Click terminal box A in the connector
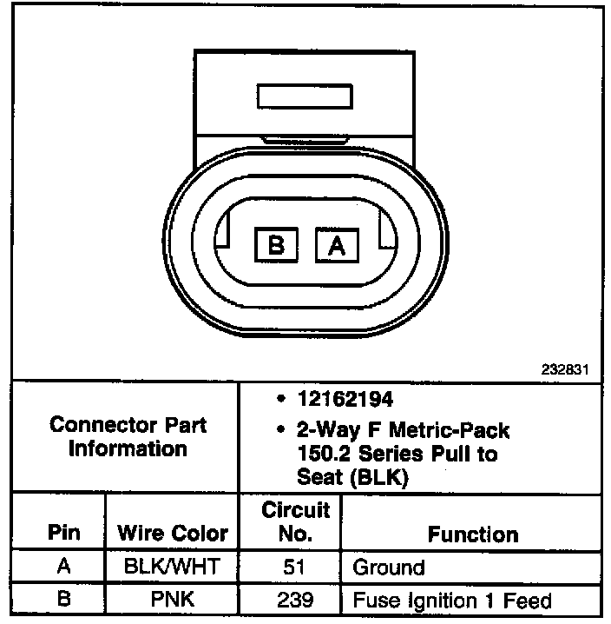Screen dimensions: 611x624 point(338,246)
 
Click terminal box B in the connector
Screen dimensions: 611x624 point(277,246)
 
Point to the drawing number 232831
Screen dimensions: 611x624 point(565,368)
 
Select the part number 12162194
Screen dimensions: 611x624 point(345,400)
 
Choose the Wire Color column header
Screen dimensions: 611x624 point(172,533)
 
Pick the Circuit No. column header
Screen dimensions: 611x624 point(290,521)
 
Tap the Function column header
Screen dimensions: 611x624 point(472,534)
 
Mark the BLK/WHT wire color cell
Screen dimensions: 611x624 point(172,568)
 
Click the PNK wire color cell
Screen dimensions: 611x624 point(172,600)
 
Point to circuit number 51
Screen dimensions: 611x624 point(290,568)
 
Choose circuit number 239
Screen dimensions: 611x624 point(290,600)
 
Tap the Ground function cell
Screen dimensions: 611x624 point(388,568)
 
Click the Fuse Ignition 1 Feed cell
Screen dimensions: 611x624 point(451,600)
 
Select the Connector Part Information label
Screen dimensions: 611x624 point(128,437)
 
